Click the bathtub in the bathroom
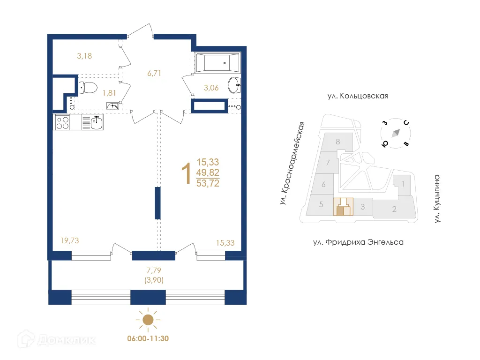coord(217,63)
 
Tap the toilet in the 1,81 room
coord(88,87)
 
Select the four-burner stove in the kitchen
coord(62,123)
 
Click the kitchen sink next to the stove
coord(96,123)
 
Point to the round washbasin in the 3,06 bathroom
coord(234,85)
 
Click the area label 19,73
coord(70,240)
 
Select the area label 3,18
coord(84,56)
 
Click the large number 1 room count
coord(186,173)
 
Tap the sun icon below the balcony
coord(148,320)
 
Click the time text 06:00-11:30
coord(148,338)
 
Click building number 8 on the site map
coord(337,141)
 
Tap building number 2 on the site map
coord(394,209)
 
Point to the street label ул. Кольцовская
coord(358,96)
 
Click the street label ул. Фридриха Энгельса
coord(358,242)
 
